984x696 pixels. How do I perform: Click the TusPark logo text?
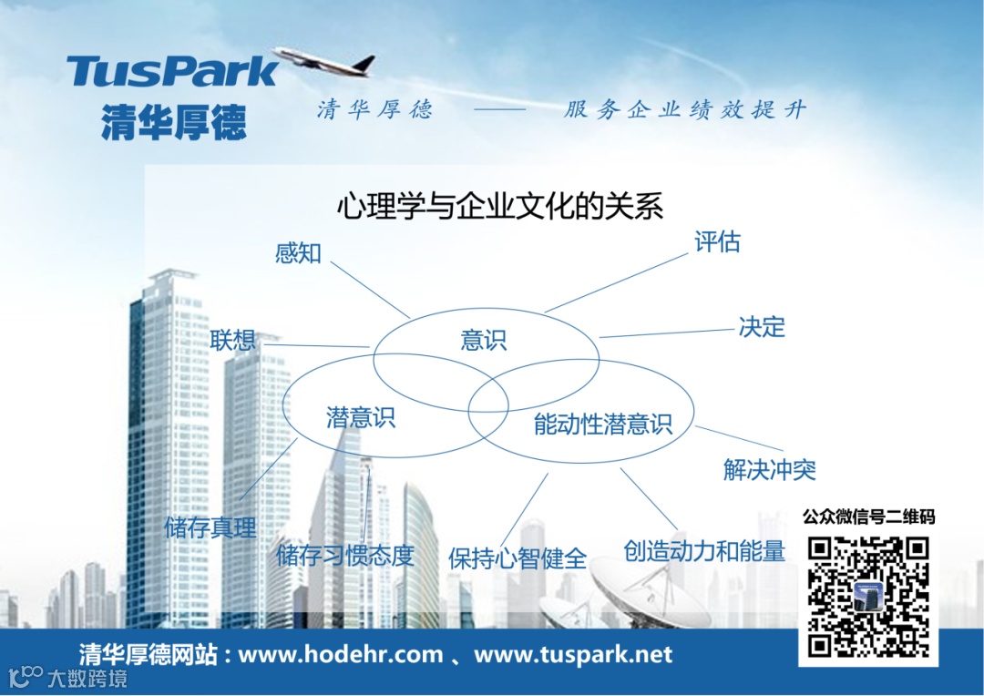tap(172, 71)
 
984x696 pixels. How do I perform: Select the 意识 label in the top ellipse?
tap(483, 341)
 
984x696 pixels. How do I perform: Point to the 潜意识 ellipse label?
tap(361, 418)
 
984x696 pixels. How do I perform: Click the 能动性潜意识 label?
tap(602, 424)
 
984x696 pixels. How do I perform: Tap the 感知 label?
tap(299, 252)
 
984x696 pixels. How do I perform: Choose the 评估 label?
tap(717, 242)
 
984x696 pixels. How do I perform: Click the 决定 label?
tap(762, 327)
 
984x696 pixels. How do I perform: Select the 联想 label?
tap(233, 341)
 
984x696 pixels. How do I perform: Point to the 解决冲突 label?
tap(769, 470)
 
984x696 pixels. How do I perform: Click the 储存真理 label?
tap(210, 527)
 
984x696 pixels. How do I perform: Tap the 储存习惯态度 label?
tap(345, 555)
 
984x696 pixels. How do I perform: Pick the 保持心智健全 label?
tap(517, 558)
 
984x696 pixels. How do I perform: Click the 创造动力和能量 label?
tap(703, 551)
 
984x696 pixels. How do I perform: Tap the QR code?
tap(868, 598)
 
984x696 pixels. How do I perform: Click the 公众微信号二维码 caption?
tap(868, 517)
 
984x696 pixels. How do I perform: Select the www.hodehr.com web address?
tap(340, 654)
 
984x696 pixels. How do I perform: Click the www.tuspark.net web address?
tap(573, 654)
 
